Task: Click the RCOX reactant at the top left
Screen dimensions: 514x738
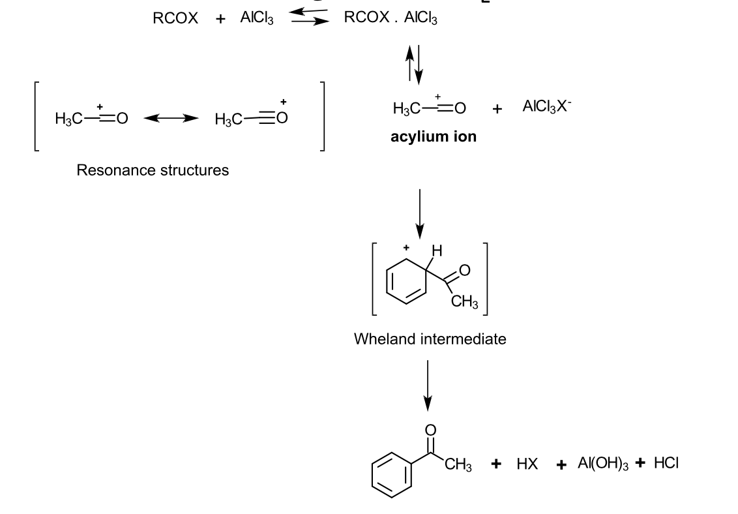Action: [x=175, y=19]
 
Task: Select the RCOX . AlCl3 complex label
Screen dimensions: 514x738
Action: [x=391, y=19]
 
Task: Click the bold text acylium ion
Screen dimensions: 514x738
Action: [x=434, y=137]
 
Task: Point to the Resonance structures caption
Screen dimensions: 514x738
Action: [x=153, y=170]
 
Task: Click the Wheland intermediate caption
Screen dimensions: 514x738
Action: [x=430, y=339]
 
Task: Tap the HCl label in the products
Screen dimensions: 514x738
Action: [x=666, y=463]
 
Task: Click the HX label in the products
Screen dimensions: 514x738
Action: [x=527, y=464]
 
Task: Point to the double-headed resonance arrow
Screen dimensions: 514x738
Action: [x=170, y=119]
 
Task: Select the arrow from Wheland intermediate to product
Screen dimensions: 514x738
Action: [x=427, y=385]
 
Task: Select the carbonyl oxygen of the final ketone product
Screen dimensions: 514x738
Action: [x=430, y=430]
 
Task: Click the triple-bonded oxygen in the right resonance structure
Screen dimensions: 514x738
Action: [x=282, y=119]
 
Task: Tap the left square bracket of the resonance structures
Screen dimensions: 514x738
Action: [x=38, y=117]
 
